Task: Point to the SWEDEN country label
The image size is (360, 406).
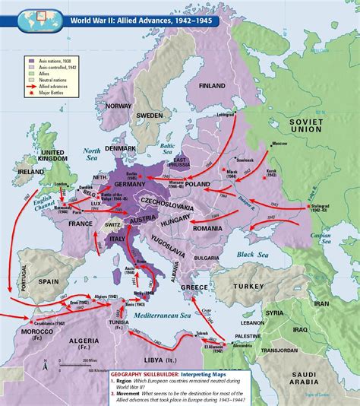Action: (150, 115)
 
